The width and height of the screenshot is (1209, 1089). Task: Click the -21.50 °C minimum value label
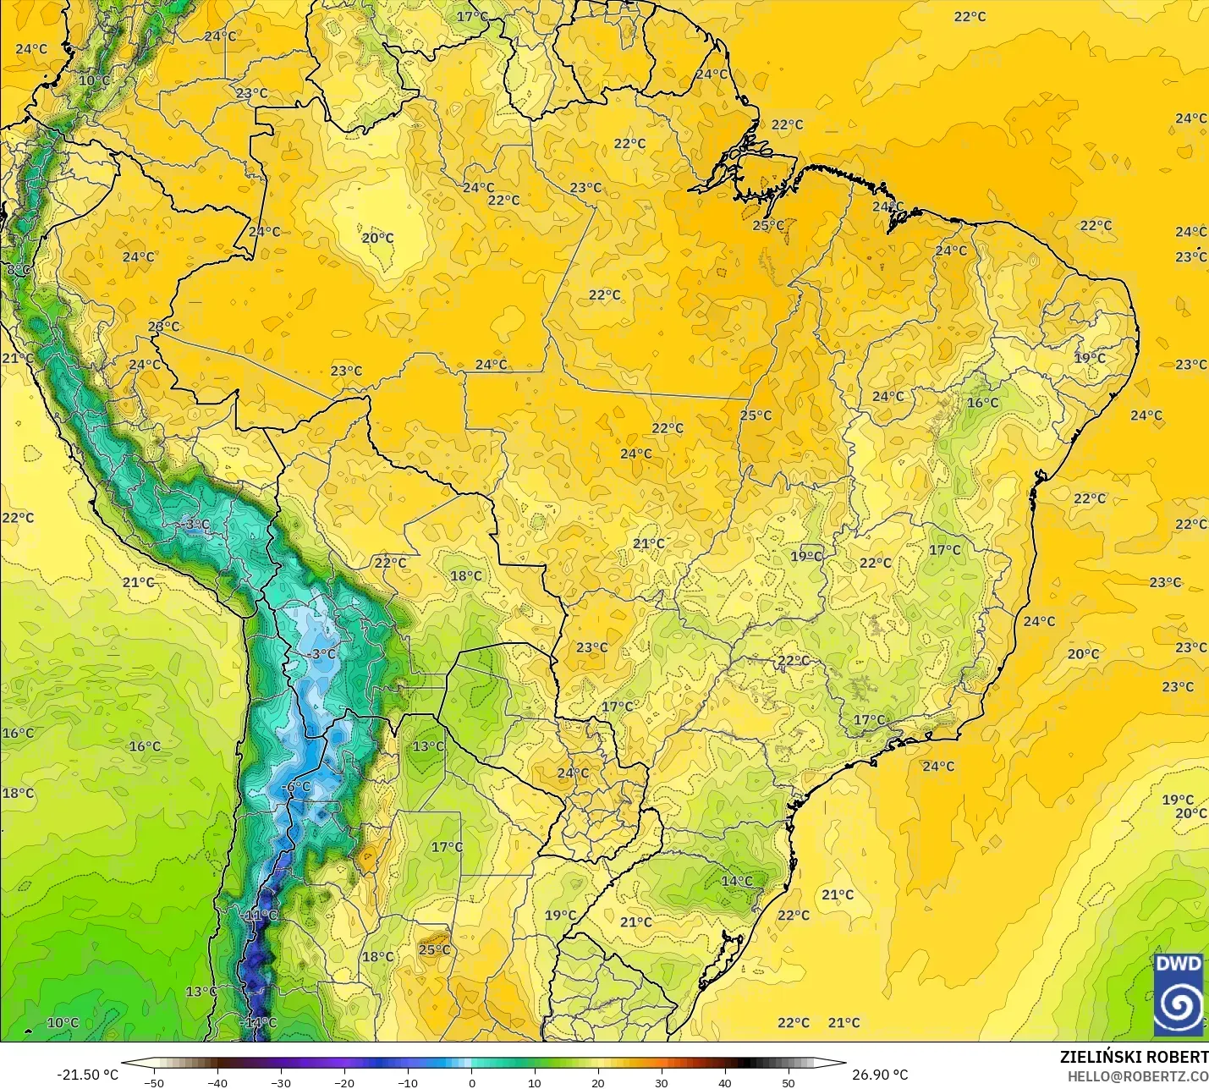(88, 1075)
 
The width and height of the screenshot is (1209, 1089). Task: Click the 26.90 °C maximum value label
(880, 1075)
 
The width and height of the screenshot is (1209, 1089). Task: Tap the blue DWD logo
(1179, 994)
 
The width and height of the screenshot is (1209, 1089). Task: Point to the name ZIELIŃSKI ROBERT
(1134, 1057)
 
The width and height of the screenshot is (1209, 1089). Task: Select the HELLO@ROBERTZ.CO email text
(1138, 1076)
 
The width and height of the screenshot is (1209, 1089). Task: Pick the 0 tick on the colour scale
(471, 1082)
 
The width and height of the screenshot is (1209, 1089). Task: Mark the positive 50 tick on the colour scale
(789, 1082)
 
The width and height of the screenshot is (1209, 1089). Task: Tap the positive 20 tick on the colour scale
(598, 1082)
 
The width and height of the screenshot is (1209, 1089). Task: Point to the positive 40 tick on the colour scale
(725, 1082)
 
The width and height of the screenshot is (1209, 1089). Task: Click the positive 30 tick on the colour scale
(662, 1082)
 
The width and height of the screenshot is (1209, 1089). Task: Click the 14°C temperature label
(737, 881)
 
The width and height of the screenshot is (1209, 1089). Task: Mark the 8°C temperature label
(19, 270)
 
